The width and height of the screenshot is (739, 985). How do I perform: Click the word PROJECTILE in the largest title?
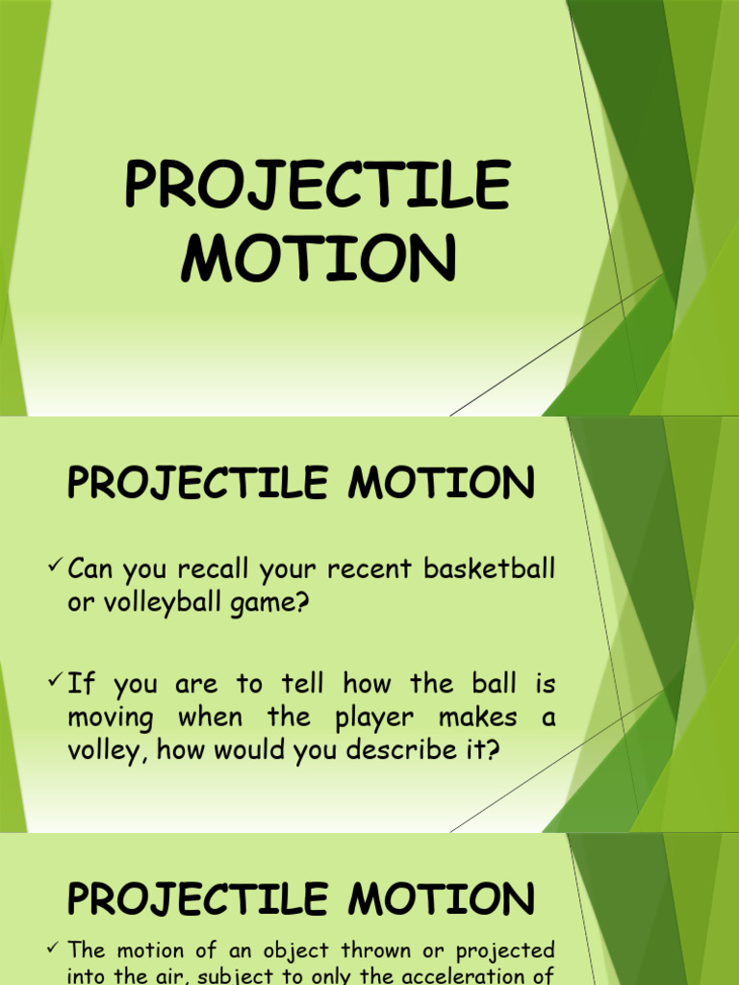[317, 187]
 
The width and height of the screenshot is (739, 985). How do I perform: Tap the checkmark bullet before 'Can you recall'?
[55, 567]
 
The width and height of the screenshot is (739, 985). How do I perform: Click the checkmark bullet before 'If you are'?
[55, 682]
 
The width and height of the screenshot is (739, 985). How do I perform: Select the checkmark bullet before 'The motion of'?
[55, 948]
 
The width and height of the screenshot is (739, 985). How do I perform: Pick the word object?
[264, 950]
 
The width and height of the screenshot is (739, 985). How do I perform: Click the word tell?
[302, 685]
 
